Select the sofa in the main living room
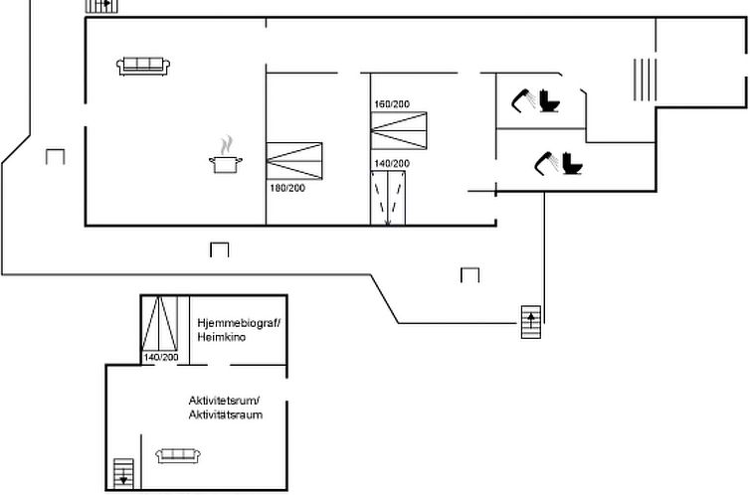tap(144, 67)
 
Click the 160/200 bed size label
tap(391, 104)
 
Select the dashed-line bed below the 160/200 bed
tap(388, 197)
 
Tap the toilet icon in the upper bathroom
tap(550, 101)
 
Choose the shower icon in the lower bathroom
tap(546, 160)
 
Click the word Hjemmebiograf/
tap(240, 323)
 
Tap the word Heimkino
tap(221, 338)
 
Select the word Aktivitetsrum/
tap(224, 401)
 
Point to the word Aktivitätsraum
tap(226, 414)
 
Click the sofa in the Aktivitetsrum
tap(179, 455)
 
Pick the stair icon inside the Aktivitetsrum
tap(123, 472)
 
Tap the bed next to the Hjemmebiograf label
tap(159, 322)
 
